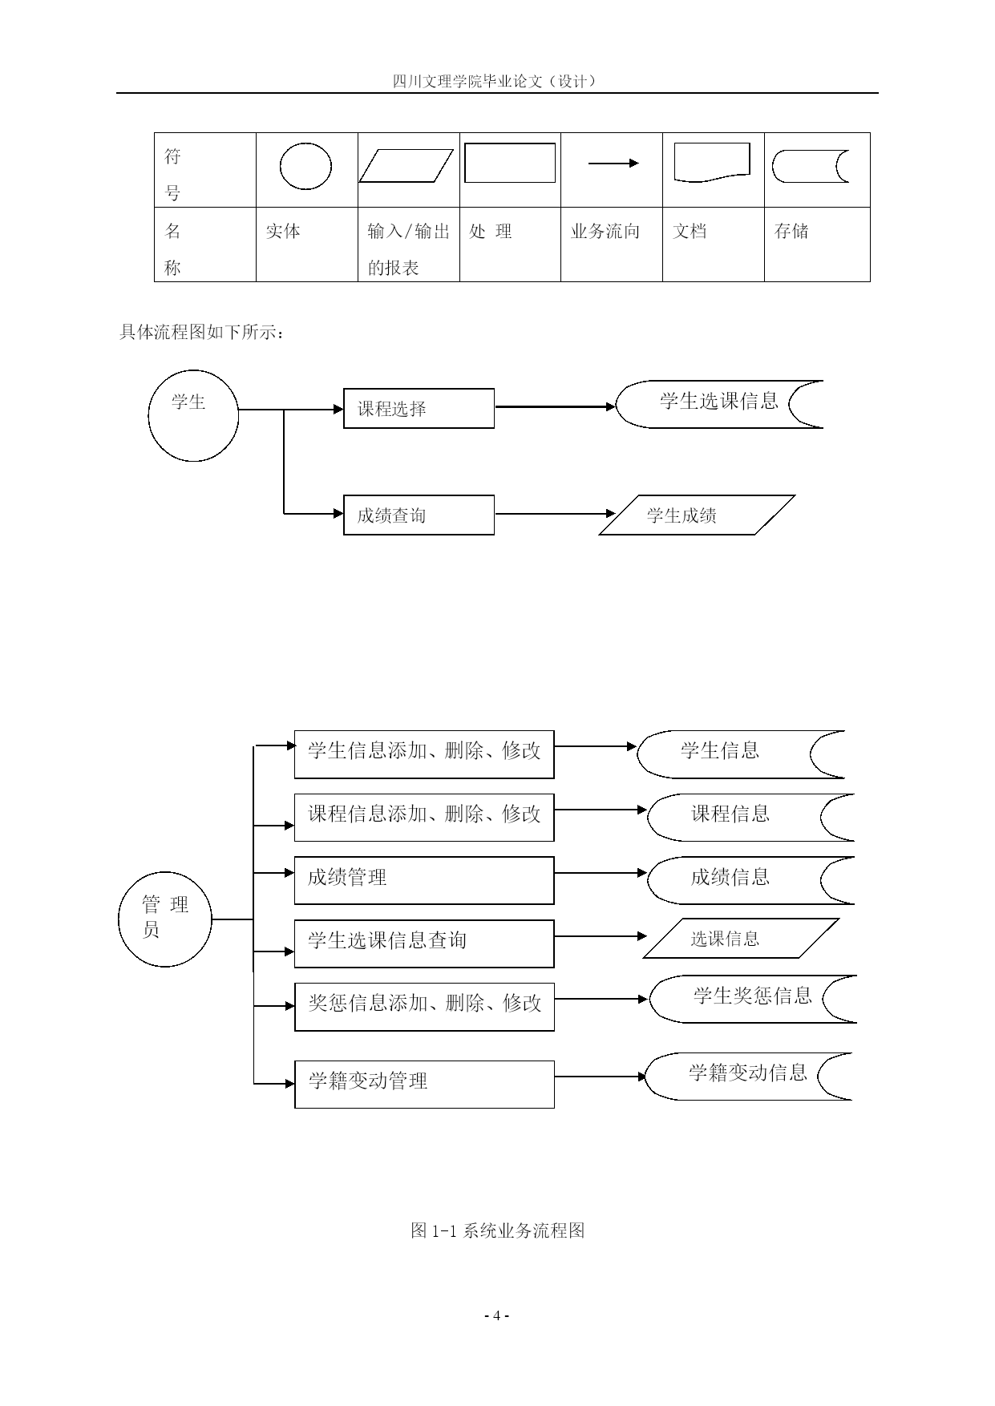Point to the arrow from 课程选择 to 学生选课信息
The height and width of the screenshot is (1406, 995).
555,406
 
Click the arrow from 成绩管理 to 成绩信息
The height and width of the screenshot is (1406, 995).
601,872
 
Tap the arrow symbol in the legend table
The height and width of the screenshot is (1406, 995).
613,164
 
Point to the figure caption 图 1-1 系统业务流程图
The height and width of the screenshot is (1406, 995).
497,1230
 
